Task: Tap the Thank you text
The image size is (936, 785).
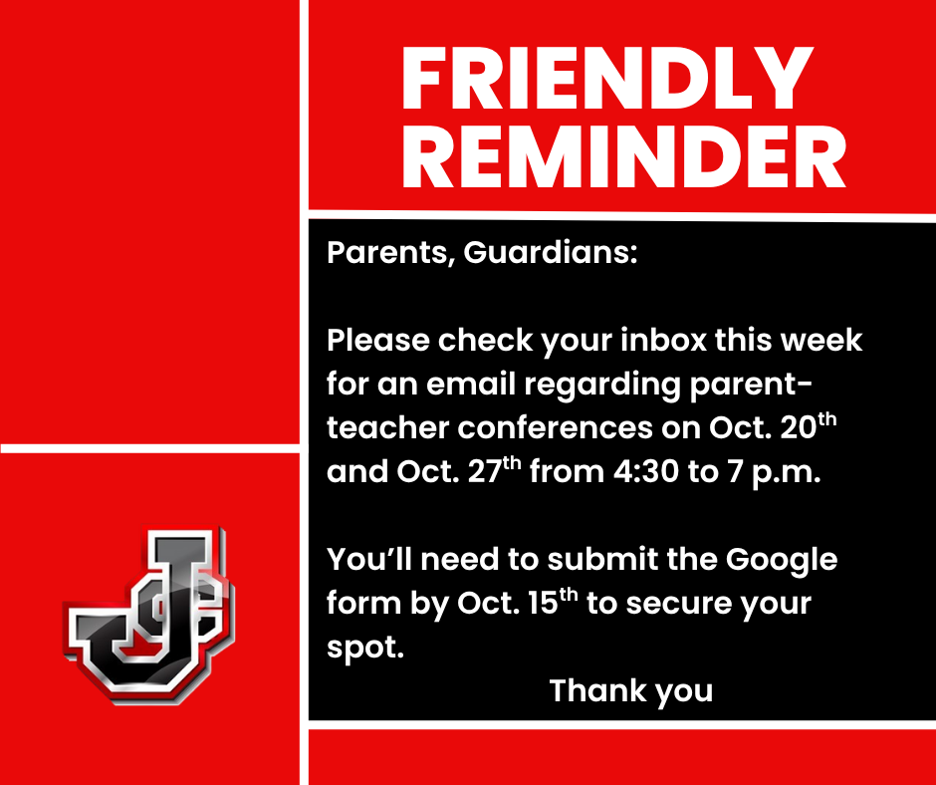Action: coord(631,690)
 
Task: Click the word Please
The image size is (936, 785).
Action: coord(379,341)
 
